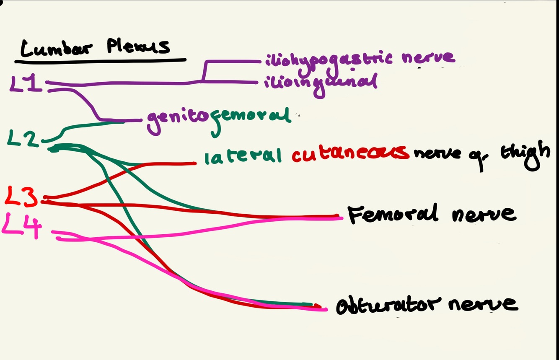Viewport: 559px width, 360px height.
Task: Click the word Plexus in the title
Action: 138,46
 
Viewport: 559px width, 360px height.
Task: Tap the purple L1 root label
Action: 26,83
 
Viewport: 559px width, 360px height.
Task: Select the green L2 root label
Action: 23,139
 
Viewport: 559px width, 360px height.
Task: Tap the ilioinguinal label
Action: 321,82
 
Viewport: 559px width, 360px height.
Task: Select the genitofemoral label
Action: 218,118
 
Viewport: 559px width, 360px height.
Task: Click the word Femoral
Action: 393,214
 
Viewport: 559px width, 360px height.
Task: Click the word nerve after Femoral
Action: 484,214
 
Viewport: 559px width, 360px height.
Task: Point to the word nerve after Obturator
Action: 482,304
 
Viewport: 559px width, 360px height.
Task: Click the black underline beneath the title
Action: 101,61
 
